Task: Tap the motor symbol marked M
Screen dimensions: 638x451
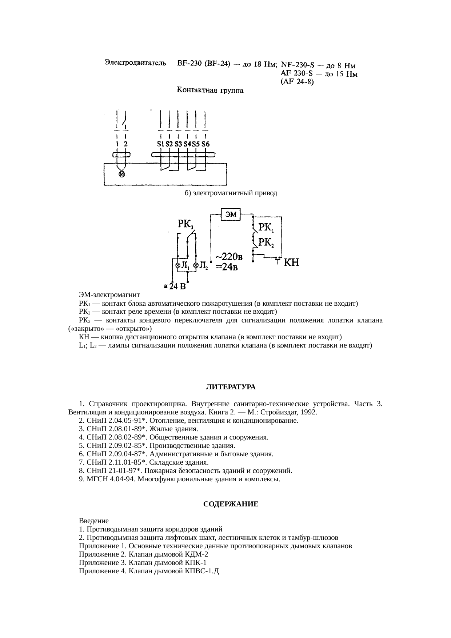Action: click(x=122, y=174)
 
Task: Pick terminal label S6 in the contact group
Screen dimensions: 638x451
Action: click(x=205, y=144)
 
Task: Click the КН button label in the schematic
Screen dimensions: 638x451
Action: click(x=291, y=262)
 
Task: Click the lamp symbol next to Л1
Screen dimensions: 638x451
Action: click(x=178, y=265)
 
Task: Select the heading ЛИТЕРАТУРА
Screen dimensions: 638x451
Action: click(x=231, y=387)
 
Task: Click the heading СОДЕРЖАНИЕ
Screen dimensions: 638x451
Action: click(x=231, y=504)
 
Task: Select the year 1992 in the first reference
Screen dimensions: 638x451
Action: click(x=309, y=412)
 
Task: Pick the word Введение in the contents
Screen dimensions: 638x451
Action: click(x=94, y=521)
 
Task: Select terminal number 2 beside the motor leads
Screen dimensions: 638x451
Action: click(x=125, y=144)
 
